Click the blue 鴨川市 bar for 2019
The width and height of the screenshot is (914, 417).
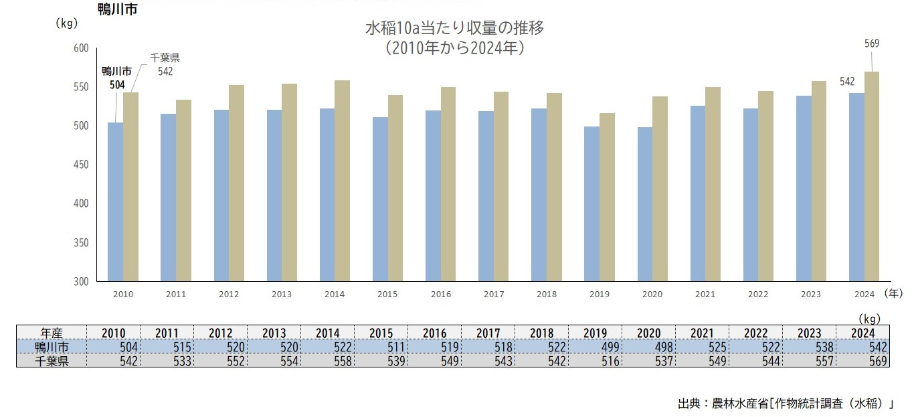[x=591, y=204]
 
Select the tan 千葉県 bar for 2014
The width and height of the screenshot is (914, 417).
[x=342, y=181]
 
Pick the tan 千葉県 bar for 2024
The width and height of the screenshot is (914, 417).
[x=871, y=177]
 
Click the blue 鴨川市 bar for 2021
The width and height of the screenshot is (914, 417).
[x=697, y=194]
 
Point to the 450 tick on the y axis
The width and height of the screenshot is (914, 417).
[x=80, y=165]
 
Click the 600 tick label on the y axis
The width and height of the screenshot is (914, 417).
[x=80, y=48]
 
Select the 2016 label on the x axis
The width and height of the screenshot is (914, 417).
[x=441, y=294]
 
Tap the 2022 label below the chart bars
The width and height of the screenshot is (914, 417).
[x=758, y=294]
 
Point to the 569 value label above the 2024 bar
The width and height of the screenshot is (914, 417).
[x=871, y=44]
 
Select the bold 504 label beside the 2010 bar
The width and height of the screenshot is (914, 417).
[x=117, y=84]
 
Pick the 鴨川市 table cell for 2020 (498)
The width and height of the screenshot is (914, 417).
[x=648, y=347]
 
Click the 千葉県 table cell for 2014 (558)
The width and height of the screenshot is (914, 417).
[x=327, y=361]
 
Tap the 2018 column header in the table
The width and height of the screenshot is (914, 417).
[x=542, y=333]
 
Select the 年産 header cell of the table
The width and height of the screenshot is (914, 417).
[x=52, y=333]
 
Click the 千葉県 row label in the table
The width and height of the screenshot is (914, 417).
[x=52, y=361]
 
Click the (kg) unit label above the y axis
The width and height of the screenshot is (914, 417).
[x=67, y=23]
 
